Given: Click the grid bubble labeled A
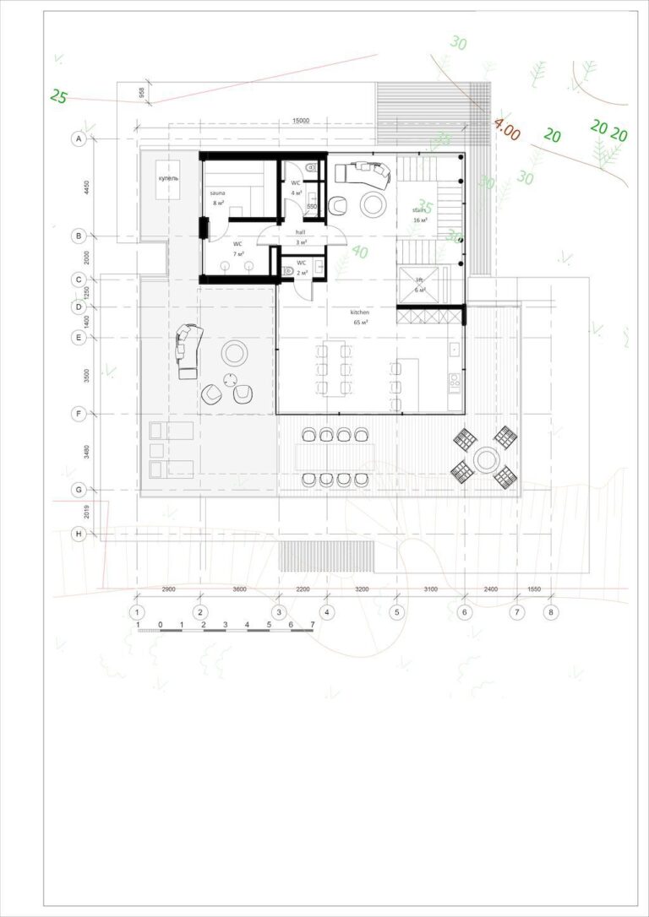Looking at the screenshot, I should (79, 139).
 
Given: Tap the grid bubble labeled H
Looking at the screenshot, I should (79, 534).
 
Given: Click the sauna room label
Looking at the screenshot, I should (218, 193).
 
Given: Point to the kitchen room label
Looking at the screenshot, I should (360, 312).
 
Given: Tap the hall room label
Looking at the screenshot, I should (300, 232).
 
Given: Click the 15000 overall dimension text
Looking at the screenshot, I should (302, 122).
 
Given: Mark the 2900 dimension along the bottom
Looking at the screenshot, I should (167, 590).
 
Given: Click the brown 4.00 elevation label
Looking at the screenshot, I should (507, 131).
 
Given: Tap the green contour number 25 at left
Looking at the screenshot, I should (58, 96).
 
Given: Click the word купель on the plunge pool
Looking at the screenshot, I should (167, 179).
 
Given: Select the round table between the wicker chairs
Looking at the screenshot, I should (485, 459).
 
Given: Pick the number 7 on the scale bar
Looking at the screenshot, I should (313, 625).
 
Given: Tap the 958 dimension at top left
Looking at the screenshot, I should (141, 93).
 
